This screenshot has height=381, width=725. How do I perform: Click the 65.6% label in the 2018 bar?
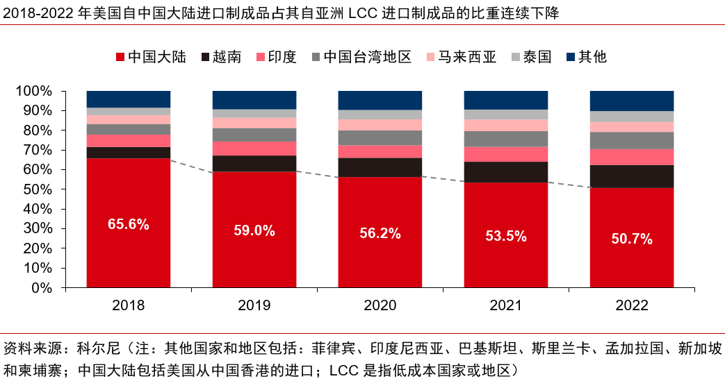[x=129, y=224]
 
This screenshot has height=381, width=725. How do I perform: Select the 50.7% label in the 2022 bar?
[x=632, y=239]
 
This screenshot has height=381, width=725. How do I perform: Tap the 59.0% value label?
[x=254, y=230]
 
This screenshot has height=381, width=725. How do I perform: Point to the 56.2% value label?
[x=380, y=234]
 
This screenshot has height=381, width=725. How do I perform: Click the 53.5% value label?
[x=506, y=236]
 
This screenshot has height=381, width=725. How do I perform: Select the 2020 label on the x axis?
[x=380, y=305]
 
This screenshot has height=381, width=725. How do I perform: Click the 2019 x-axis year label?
[x=254, y=305]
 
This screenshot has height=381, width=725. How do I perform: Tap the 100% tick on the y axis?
[x=33, y=91]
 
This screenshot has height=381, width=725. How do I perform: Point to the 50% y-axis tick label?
[x=36, y=189]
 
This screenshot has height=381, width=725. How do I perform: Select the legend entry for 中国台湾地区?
[x=361, y=57]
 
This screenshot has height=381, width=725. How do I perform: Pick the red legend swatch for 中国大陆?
[x=120, y=57]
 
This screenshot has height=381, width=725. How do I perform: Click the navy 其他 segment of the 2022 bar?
[x=632, y=101]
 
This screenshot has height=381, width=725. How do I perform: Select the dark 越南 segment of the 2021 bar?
[x=506, y=172]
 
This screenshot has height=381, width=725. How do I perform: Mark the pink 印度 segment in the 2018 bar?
[x=129, y=141]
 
